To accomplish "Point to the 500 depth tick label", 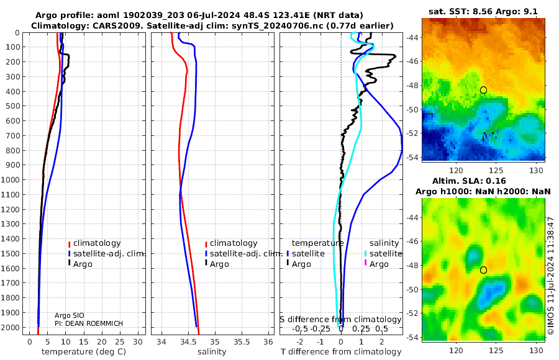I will coord(13,106).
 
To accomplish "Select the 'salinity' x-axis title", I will coord(211,352).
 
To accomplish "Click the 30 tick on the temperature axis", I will coord(138,341).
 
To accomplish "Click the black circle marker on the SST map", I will coord(483,90).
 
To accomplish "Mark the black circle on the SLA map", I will coord(483,270).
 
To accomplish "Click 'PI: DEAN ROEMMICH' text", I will coord(89,323).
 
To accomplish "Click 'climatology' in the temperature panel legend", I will coord(96,243).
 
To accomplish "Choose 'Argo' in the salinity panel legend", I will coord(219,264).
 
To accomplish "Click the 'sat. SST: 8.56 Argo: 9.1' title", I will coord(483,12).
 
